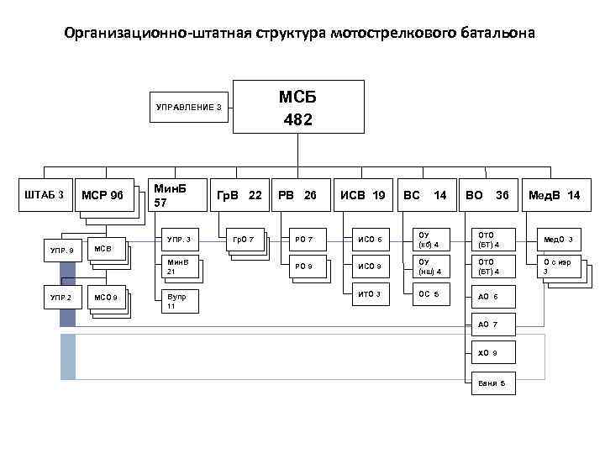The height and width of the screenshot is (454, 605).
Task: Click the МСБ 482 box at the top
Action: click(297, 108)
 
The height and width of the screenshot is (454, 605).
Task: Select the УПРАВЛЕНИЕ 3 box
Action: click(190, 107)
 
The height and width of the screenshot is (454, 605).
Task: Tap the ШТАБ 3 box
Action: click(45, 196)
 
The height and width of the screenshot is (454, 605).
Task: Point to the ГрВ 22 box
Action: click(239, 196)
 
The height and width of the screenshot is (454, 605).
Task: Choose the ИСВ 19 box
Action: click(363, 196)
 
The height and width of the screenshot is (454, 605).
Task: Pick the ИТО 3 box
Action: click(370, 293)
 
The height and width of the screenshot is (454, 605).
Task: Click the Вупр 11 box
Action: click(179, 301)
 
